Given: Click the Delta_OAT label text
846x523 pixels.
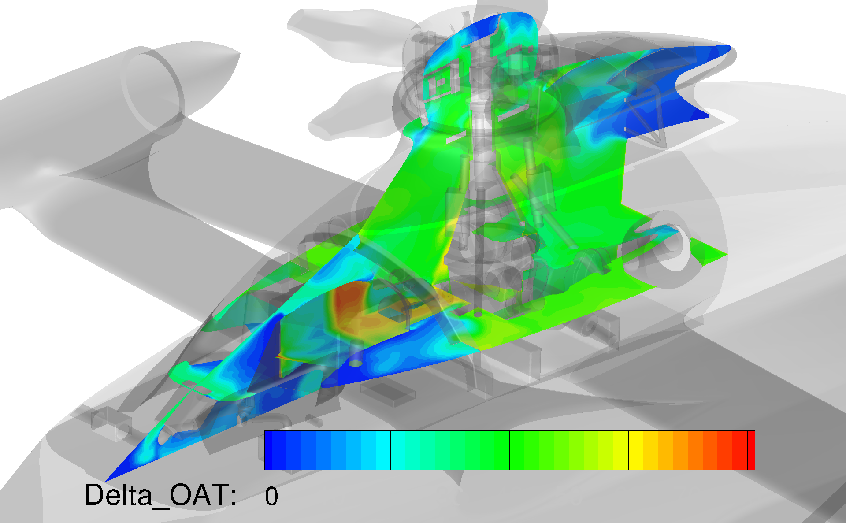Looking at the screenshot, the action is click(x=161, y=495).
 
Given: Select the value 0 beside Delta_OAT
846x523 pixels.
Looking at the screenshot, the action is click(x=271, y=496).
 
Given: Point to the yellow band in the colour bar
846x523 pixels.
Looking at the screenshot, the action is click(x=636, y=450).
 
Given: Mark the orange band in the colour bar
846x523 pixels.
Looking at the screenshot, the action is click(x=681, y=450).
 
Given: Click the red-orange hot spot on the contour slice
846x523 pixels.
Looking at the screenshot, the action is click(x=346, y=302).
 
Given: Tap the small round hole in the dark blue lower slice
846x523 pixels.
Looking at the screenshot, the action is click(x=356, y=363).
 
